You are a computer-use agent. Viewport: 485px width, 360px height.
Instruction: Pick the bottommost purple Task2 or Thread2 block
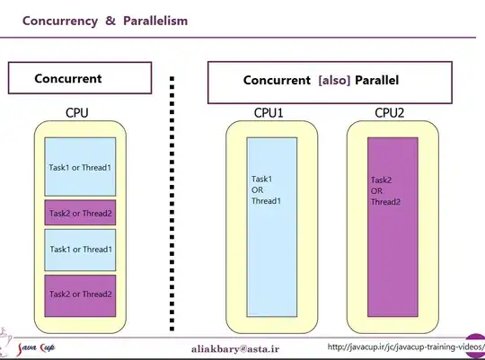click(80, 294)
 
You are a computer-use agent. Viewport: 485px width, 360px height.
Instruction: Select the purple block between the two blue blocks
click(80, 213)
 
